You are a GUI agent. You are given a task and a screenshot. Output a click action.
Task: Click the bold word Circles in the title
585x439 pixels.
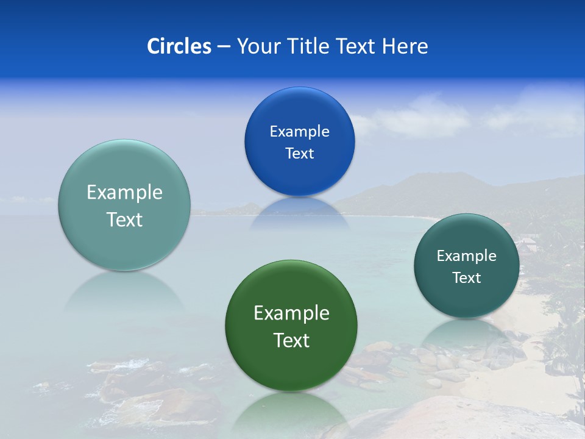click(179, 46)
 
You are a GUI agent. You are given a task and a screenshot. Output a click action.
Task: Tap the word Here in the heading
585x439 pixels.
click(405, 46)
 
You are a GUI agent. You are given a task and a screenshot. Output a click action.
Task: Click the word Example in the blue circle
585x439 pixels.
click(299, 131)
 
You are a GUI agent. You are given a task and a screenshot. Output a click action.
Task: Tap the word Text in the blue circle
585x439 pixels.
click(299, 153)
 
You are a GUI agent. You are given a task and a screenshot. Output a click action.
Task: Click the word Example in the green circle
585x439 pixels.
click(291, 313)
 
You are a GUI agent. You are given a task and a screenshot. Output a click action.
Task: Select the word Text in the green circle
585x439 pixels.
click(291, 340)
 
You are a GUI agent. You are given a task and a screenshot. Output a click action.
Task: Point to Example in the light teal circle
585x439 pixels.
click(124, 192)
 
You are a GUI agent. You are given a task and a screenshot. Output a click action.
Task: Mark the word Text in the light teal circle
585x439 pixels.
click(124, 220)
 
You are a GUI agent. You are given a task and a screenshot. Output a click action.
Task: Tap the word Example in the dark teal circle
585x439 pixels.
click(467, 255)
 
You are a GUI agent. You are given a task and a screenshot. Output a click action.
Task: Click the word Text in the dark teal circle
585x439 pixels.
click(467, 277)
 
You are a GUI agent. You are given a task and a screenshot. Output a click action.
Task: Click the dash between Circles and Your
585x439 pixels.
click(224, 46)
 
